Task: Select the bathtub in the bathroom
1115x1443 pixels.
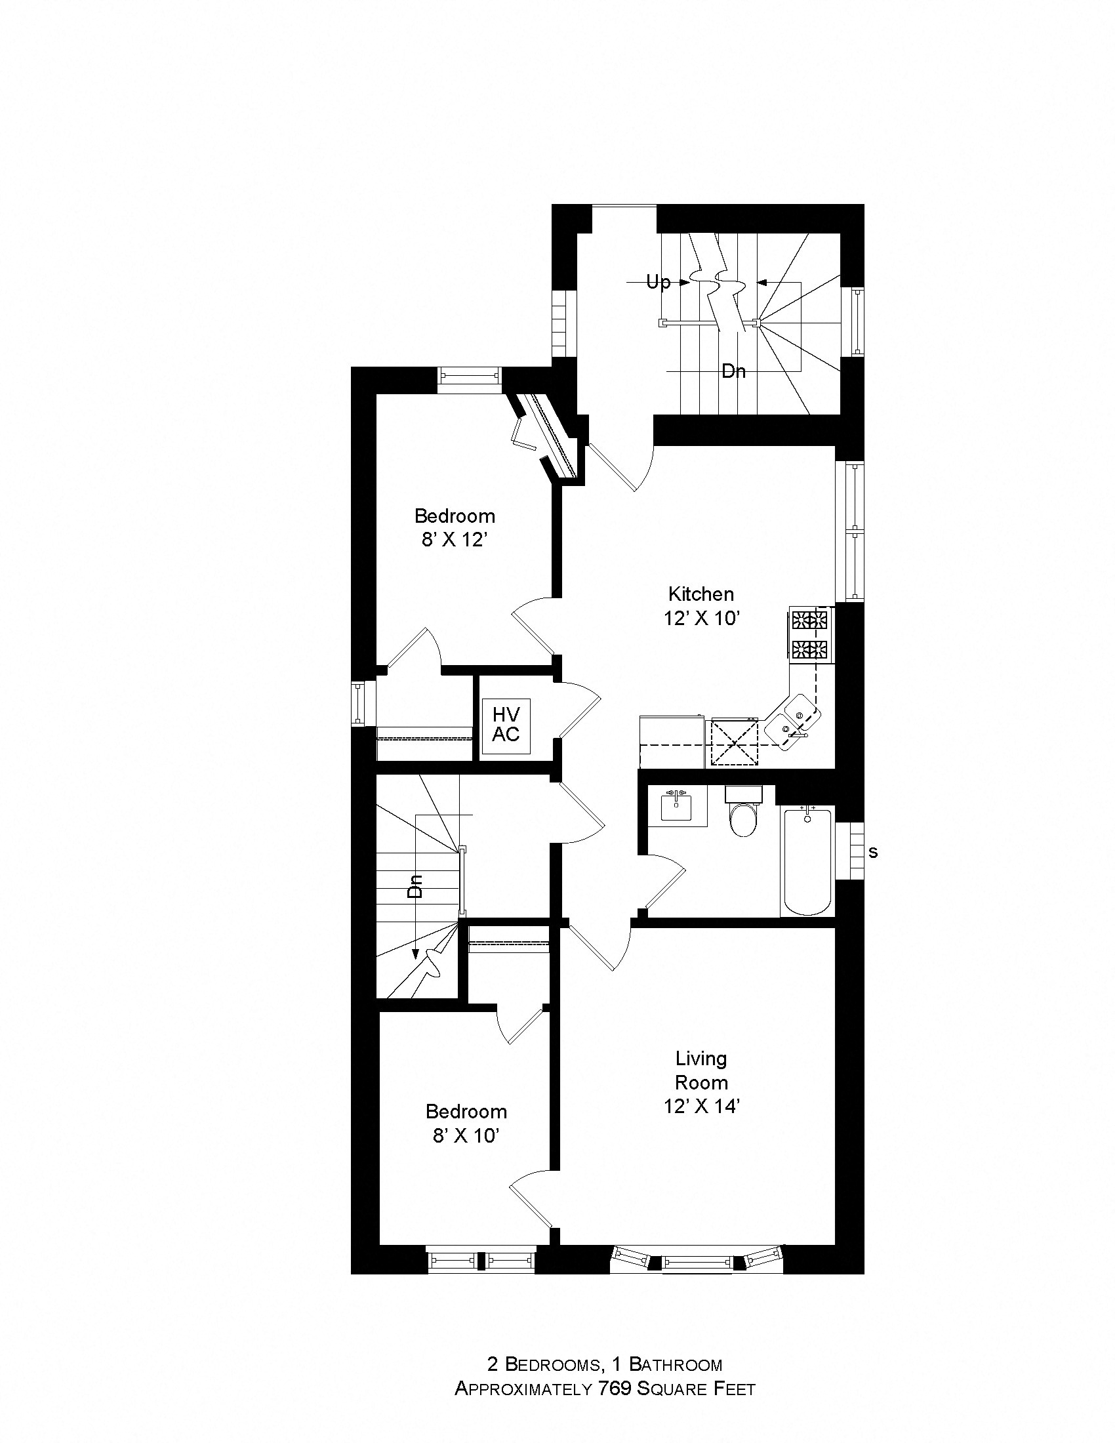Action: point(807,860)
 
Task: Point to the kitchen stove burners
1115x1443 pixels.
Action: point(811,634)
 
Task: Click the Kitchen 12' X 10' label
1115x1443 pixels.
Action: point(701,606)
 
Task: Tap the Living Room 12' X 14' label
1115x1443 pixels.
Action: point(701,1082)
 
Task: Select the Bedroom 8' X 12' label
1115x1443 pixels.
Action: point(455,527)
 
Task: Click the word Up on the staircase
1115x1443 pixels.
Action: point(658,283)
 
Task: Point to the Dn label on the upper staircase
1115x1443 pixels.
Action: point(733,371)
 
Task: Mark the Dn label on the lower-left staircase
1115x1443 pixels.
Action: point(415,886)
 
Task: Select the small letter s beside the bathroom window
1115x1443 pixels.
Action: point(872,853)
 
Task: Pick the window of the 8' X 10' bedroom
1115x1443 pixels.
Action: point(481,1260)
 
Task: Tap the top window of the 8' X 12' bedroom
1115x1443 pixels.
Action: point(470,379)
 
